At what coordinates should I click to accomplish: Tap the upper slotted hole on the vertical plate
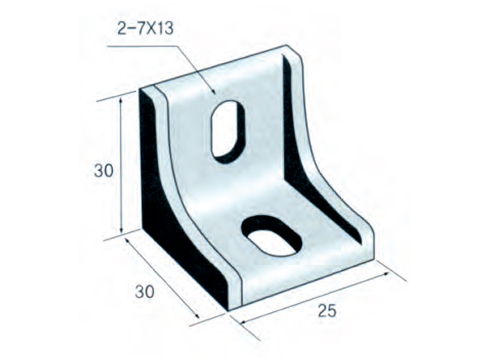[229, 128]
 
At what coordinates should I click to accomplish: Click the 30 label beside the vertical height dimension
[102, 171]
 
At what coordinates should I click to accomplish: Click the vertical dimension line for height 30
[122, 165]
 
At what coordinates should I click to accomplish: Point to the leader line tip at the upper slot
[215, 92]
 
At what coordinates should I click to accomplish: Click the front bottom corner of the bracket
[230, 310]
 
